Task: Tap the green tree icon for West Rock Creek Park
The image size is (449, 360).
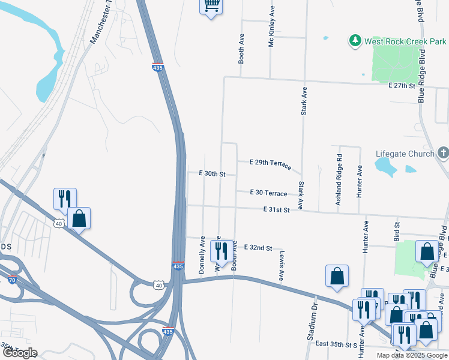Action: tap(355, 41)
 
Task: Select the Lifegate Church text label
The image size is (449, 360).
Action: tap(405, 153)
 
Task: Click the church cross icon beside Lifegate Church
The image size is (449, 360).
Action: tap(443, 152)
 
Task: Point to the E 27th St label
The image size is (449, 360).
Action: tap(402, 86)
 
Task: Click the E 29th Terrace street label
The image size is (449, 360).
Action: tap(271, 163)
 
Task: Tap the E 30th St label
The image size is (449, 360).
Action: tap(212, 173)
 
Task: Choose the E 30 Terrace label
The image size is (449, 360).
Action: tap(269, 193)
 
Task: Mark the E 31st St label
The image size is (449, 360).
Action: tap(276, 209)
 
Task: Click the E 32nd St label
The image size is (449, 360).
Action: tap(258, 248)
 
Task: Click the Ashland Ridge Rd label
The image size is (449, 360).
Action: tap(339, 180)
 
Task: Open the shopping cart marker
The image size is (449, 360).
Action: tap(211, 5)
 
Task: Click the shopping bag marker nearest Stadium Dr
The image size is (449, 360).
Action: tap(337, 275)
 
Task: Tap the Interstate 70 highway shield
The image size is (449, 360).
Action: tap(11, 280)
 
